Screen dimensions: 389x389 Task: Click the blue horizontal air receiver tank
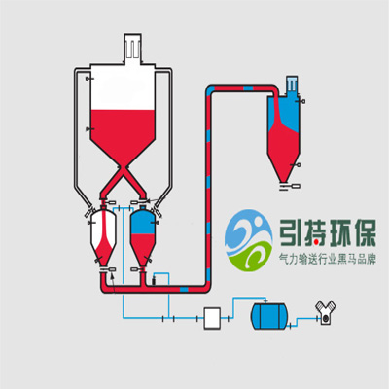pyautogui.click(x=268, y=316)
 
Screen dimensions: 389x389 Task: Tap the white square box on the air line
pyautogui.click(x=212, y=318)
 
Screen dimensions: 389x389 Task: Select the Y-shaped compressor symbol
pyautogui.click(x=325, y=313)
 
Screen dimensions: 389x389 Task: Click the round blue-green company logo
pyautogui.click(x=248, y=240)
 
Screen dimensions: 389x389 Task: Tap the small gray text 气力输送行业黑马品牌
pyautogui.click(x=328, y=260)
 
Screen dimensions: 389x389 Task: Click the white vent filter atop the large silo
pyautogui.click(x=133, y=48)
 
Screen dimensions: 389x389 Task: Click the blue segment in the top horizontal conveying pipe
pyautogui.click(x=248, y=88)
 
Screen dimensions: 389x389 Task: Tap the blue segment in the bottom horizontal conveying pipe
pyautogui.click(x=184, y=289)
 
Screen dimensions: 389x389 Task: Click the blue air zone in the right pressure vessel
pyautogui.click(x=143, y=222)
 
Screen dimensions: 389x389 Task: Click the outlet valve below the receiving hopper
pyautogui.click(x=290, y=186)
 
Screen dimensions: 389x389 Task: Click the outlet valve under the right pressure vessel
pyautogui.click(x=139, y=269)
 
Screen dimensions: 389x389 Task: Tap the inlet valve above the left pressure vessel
pyautogui.click(x=107, y=202)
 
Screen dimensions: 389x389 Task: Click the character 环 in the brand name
pyautogui.click(x=339, y=233)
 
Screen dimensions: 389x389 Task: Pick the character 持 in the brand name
pyautogui.click(x=314, y=233)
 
